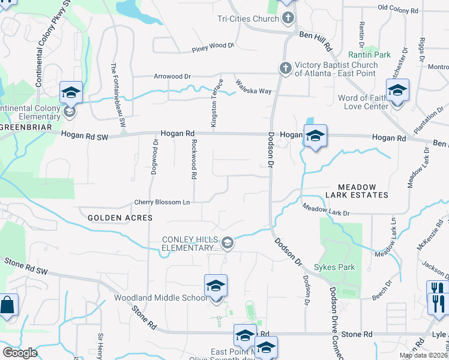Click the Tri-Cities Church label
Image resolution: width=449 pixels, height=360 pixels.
coord(248,19)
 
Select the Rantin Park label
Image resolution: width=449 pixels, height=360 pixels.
coord(377,55)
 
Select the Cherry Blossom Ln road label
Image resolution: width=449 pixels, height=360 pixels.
coord(162,202)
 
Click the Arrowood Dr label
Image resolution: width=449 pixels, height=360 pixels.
coord(172,77)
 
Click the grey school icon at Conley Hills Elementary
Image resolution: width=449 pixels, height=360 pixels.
coord(227,243)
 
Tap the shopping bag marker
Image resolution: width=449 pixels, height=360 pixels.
coord(8,304)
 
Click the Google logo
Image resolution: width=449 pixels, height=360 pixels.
coord(20,352)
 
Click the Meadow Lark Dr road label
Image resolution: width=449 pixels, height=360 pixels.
coord(326,210)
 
